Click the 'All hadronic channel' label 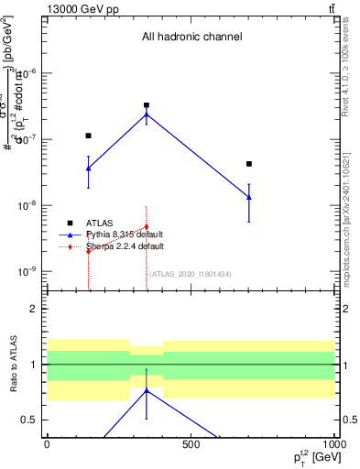tap(191, 38)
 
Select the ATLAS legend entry tap(100, 223)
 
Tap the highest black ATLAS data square tap(147, 105)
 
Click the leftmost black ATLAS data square tap(88, 136)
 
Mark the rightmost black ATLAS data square tap(249, 164)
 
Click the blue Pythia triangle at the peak tap(147, 115)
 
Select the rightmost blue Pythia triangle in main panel tap(249, 197)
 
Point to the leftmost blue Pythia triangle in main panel tap(88, 169)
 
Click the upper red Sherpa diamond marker tap(147, 226)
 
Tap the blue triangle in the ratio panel tap(147, 390)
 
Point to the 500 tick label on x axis tap(191, 444)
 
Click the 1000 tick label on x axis tap(333, 444)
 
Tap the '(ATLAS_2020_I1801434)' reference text tap(191, 274)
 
